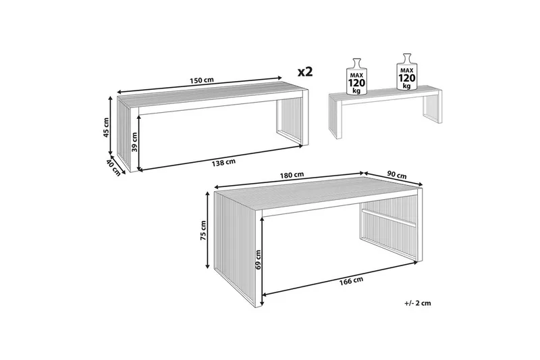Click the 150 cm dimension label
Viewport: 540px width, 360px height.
click(201, 80)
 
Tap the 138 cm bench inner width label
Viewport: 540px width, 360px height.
click(223, 162)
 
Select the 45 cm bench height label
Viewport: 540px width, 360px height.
click(106, 128)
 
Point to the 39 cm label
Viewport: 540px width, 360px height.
click(134, 142)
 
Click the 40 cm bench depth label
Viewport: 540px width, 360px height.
click(113, 168)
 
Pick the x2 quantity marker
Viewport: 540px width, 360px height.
click(305, 72)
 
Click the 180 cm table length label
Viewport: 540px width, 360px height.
click(292, 175)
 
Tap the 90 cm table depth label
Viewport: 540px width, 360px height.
click(397, 175)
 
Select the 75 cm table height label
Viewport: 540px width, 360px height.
click(203, 230)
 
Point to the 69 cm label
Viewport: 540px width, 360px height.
click(259, 259)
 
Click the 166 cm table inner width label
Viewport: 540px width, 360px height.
click(351, 281)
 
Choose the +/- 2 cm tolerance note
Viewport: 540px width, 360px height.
click(417, 303)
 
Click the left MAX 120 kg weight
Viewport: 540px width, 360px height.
click(356, 76)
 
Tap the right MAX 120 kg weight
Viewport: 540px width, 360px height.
click(407, 72)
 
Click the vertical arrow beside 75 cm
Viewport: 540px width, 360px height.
click(208, 230)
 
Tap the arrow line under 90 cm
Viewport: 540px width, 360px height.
click(393, 178)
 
